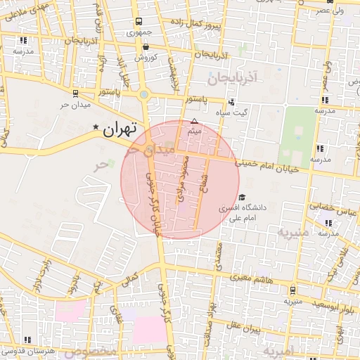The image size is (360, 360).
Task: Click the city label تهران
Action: click(x=118, y=129)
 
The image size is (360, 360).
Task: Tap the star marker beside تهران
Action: click(x=96, y=127)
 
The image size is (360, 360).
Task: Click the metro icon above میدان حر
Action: click(x=75, y=92)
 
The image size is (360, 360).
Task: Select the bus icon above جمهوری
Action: click(x=139, y=22)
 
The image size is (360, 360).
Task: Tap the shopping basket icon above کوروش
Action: click(x=145, y=46)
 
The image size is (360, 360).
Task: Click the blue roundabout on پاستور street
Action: click(x=144, y=94)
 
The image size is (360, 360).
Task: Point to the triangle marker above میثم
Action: click(x=195, y=121)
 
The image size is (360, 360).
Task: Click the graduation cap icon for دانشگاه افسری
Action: click(x=243, y=198)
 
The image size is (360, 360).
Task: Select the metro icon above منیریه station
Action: click(x=292, y=290)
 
